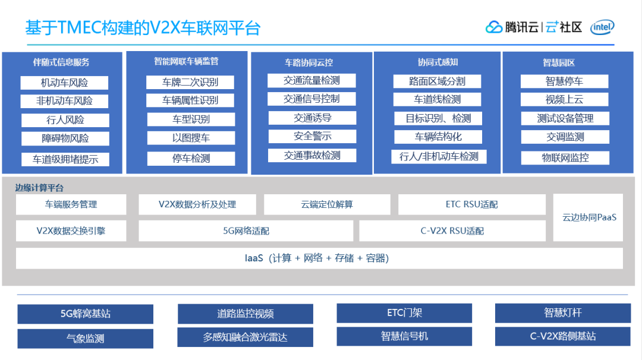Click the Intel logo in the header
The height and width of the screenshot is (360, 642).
603,27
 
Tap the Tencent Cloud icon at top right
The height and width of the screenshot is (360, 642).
494,27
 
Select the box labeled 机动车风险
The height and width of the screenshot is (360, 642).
64,83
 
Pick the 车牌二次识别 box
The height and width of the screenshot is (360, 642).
190,82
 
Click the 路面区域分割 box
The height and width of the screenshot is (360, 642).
437,81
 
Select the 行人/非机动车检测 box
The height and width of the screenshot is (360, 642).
439,156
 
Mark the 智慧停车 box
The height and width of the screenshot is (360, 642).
564,81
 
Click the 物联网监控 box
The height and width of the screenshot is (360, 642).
565,158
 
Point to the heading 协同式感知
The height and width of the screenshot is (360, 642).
438,62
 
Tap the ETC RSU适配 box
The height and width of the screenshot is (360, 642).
471,204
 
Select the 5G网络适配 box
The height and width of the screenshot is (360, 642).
246,231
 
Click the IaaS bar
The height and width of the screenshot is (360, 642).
319,258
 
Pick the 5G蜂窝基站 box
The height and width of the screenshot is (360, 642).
85,314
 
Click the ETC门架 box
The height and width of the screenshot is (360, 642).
404,312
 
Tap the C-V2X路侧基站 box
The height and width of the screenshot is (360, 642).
562,336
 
